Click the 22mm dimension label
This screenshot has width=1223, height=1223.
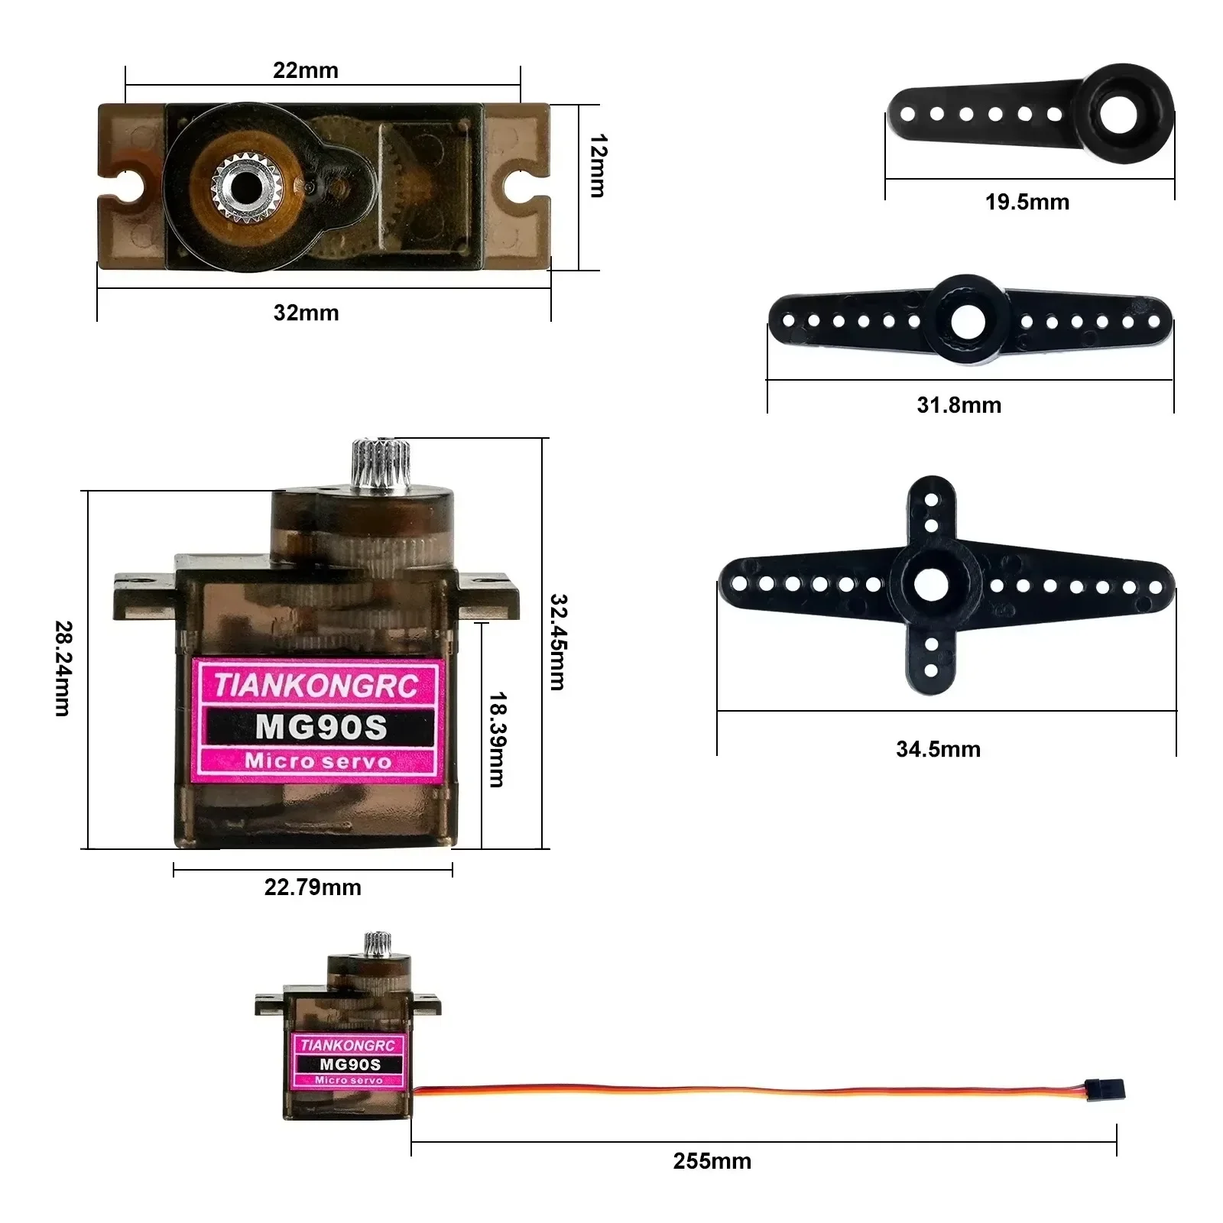pos(306,70)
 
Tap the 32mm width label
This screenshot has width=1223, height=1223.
pos(306,313)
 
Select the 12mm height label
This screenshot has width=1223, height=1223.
pos(598,166)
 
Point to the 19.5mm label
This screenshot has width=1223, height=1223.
pos(1027,203)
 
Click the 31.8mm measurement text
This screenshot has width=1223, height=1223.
pos(959,405)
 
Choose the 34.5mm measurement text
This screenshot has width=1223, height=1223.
pos(938,749)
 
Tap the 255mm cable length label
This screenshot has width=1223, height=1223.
pos(712,1161)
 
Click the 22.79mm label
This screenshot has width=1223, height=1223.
pos(313,887)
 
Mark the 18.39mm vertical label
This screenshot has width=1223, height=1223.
pos(497,739)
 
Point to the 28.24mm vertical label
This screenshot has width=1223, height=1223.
pos(63,668)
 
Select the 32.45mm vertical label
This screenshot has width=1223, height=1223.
pos(559,642)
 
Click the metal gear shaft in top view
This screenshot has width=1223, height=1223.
pos(246,187)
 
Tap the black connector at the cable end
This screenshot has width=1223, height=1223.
pos(1105,1090)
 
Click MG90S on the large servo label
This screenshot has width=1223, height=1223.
pos(321,727)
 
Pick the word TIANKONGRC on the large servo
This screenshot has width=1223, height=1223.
pos(316,685)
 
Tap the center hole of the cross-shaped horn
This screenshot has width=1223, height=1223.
pos(931,586)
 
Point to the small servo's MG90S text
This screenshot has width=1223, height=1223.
pos(349,1064)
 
